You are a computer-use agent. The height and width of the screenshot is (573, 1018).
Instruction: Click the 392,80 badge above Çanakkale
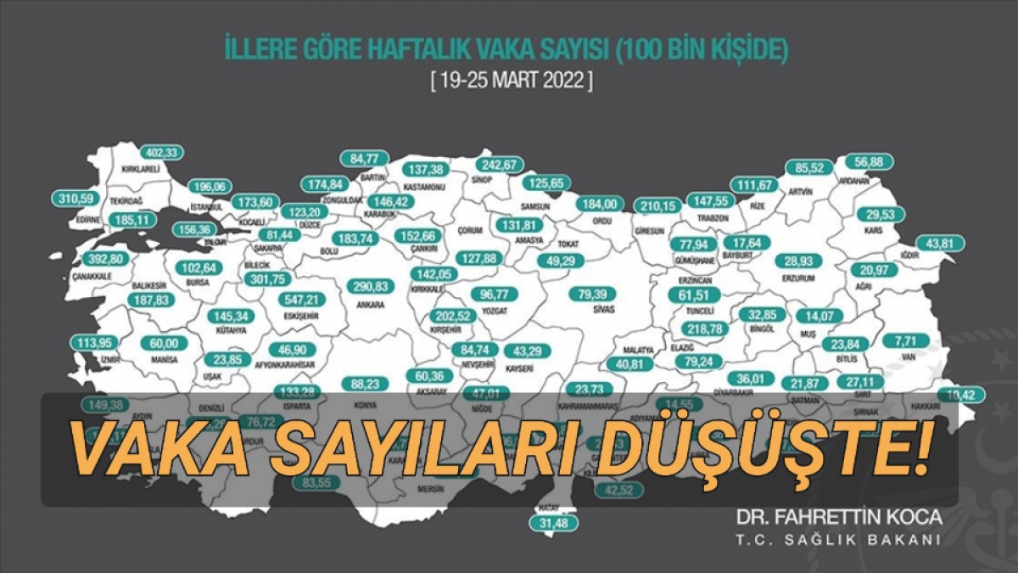[107, 259]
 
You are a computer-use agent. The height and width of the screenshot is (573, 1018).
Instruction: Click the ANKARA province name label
[371, 305]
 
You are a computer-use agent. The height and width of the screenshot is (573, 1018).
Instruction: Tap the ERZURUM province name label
[799, 278]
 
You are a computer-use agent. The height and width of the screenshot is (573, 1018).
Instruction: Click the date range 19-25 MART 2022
[508, 82]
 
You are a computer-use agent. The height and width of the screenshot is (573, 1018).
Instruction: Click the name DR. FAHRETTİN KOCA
[838, 517]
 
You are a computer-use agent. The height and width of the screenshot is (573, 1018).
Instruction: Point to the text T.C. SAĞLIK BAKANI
[838, 541]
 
